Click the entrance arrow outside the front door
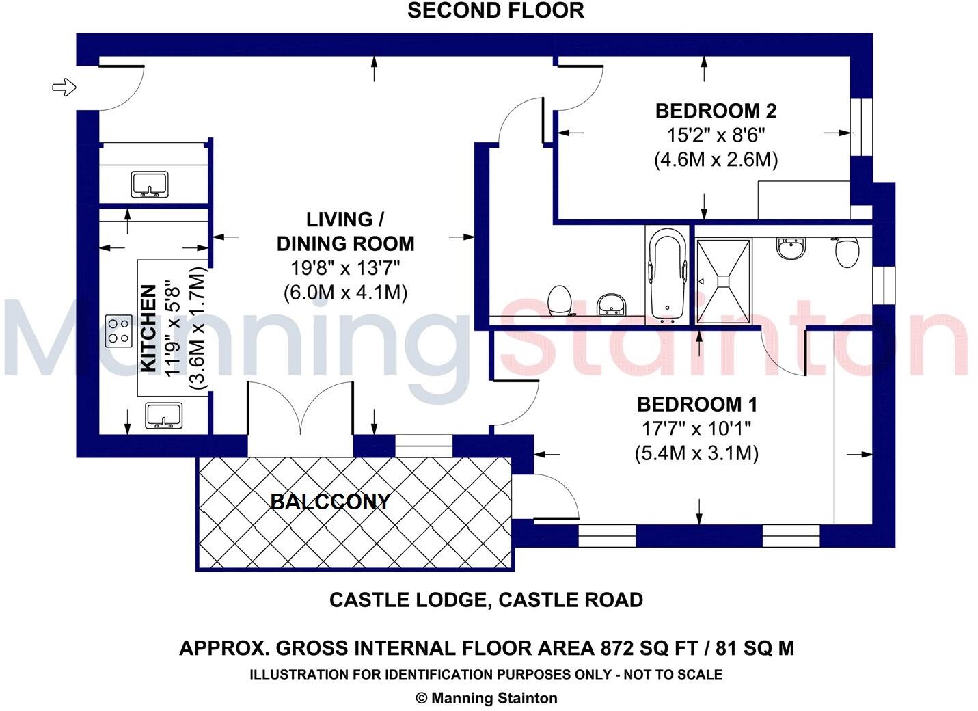point(64,87)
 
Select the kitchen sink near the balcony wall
point(163,416)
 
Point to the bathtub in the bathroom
point(666,275)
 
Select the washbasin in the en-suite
point(791,247)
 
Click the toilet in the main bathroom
point(560,299)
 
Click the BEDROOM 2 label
point(716,111)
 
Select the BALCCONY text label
point(330,502)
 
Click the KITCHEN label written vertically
point(148,328)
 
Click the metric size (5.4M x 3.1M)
point(696,453)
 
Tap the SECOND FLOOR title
point(495,11)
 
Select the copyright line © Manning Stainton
point(487,699)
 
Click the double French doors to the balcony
point(301,410)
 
